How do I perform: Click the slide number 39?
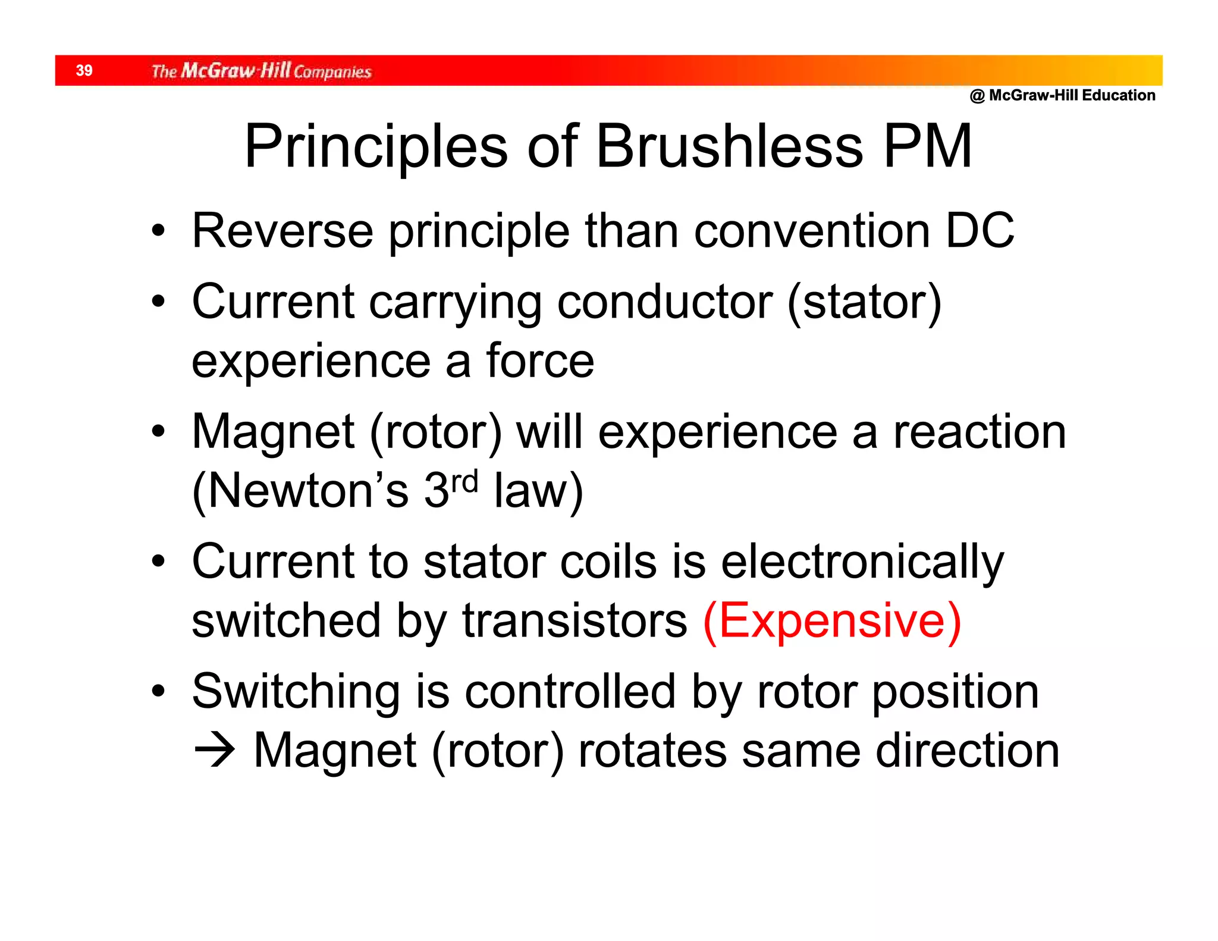tap(84, 71)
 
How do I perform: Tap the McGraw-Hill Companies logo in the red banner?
tap(261, 71)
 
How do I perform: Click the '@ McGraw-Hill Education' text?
tap(1062, 95)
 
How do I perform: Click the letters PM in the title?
tap(927, 146)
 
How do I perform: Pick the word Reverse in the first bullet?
tap(282, 231)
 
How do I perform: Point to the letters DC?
tap(980, 231)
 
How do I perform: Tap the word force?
tap(540, 361)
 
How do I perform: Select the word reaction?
tap(980, 432)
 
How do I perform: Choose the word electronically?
tap(862, 562)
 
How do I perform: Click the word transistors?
tap(575, 620)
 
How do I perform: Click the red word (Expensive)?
tap(831, 620)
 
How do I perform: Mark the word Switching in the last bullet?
tap(296, 692)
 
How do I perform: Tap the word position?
tap(955, 692)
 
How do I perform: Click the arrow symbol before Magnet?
tap(215, 751)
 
